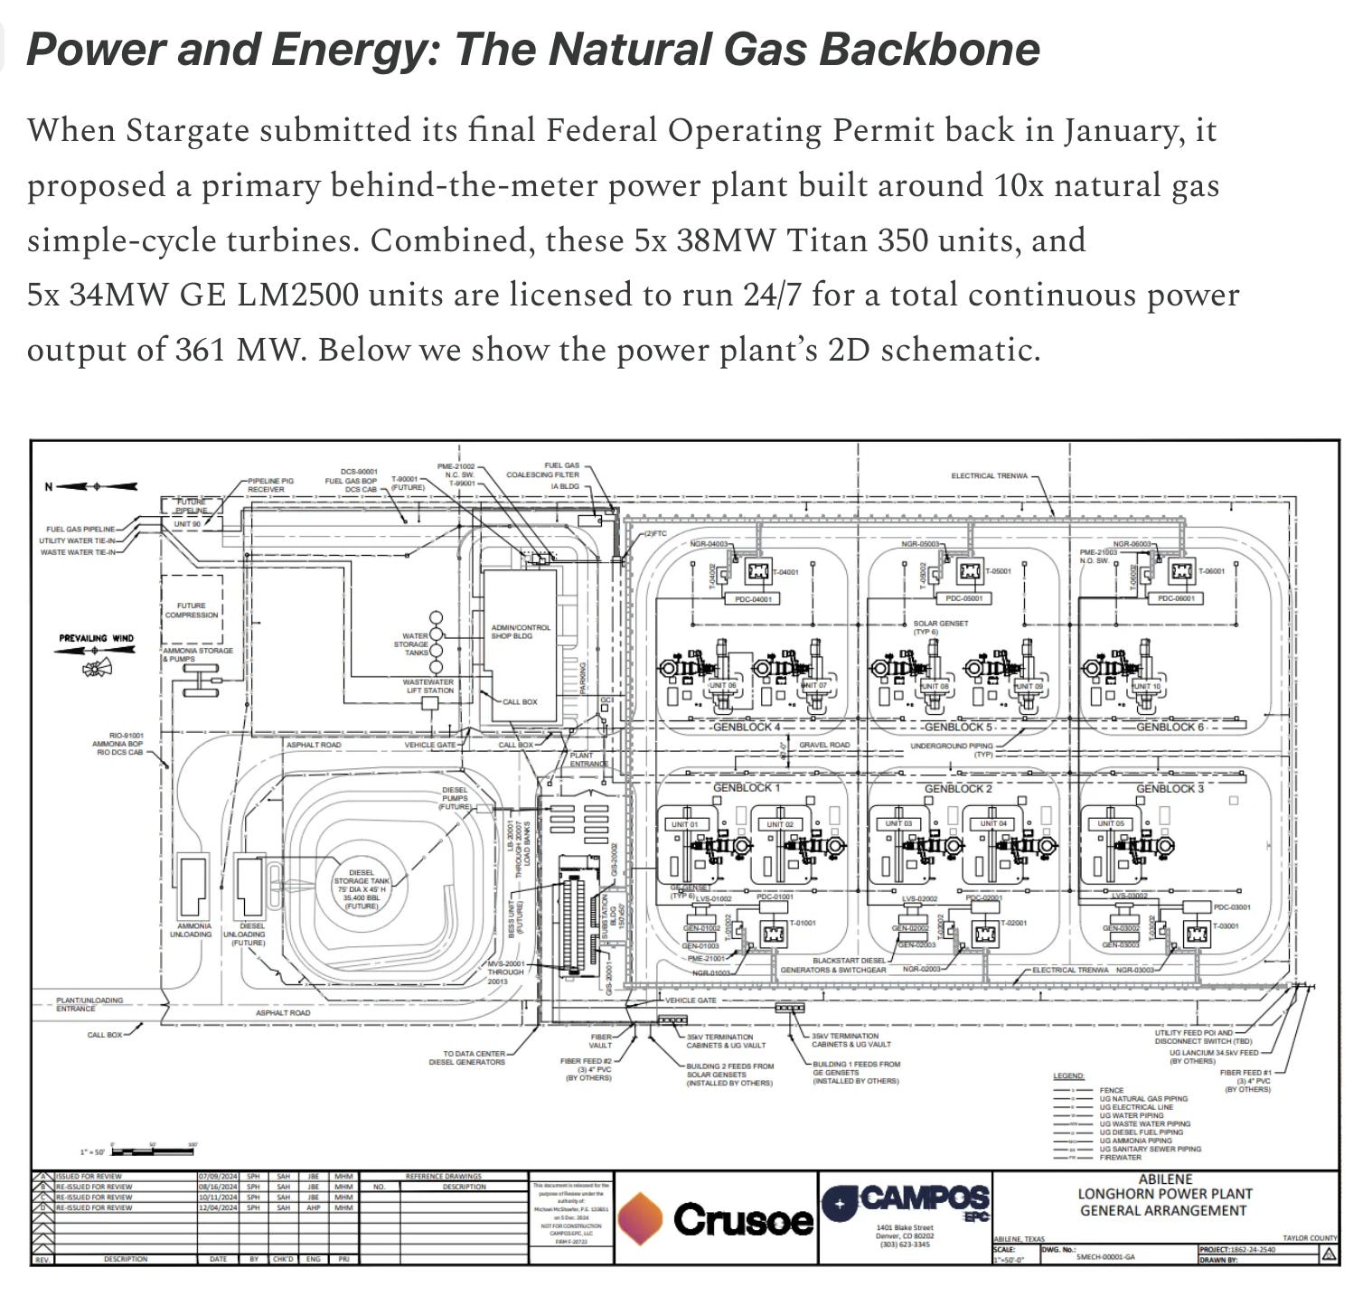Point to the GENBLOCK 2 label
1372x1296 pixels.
pyautogui.click(x=957, y=788)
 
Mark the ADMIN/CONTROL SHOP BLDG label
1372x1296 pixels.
pyautogui.click(x=520, y=631)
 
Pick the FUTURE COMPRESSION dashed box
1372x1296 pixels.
pyautogui.click(x=192, y=610)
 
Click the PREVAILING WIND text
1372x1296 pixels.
pyautogui.click(x=96, y=639)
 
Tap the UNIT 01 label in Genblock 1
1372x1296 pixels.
pyautogui.click(x=683, y=824)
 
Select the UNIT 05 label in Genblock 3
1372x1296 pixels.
pyautogui.click(x=1111, y=824)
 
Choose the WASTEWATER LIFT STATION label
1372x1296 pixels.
pyautogui.click(x=428, y=686)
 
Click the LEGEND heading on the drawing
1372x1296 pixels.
pyautogui.click(x=1068, y=1075)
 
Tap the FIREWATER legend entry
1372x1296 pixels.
pyautogui.click(x=1121, y=1157)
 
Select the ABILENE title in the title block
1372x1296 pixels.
pyautogui.click(x=1165, y=1179)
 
